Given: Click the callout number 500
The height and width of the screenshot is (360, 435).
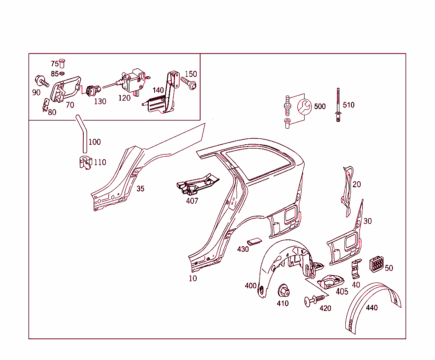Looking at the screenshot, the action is [x=319, y=107].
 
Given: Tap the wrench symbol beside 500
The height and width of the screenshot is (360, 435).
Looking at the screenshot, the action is [x=304, y=107].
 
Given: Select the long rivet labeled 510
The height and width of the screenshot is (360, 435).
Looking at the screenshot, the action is [x=338, y=105].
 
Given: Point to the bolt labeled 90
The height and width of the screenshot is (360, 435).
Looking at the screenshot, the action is [x=42, y=81].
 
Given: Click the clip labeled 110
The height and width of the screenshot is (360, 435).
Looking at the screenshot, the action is [x=85, y=163].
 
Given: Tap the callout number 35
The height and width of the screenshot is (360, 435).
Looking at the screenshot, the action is [x=140, y=189].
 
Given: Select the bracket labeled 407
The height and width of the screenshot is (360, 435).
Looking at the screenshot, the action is [x=197, y=183].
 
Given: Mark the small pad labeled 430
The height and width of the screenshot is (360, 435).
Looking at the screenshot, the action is [x=254, y=242].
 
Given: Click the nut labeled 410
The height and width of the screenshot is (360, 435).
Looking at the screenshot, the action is [x=283, y=291].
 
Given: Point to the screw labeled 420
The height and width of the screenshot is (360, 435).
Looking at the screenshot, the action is [x=314, y=301].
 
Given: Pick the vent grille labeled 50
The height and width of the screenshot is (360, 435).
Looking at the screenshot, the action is [x=376, y=264].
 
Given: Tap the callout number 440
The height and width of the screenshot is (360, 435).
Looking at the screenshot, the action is [x=372, y=308].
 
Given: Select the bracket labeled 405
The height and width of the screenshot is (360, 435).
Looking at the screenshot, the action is [x=330, y=282].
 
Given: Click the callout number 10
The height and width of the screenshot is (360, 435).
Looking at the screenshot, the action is [x=193, y=278].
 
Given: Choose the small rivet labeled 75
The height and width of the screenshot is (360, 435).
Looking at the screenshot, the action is [x=62, y=64].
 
